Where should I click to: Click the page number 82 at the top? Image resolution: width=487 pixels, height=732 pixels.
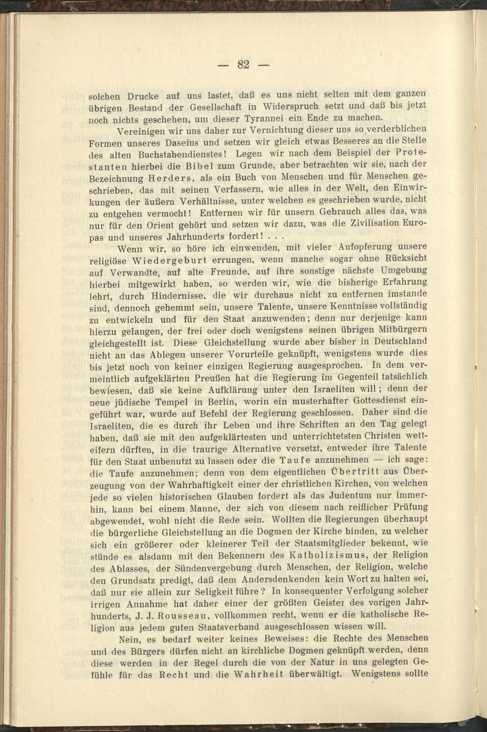point(243,64)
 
